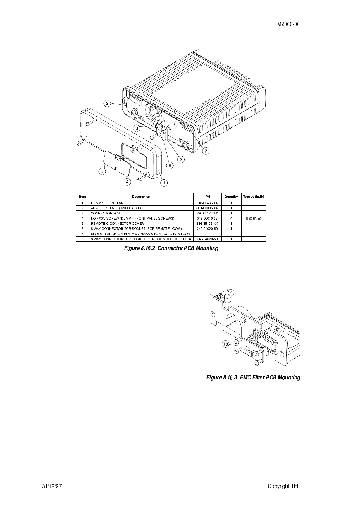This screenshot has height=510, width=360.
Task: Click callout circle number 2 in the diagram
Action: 107,104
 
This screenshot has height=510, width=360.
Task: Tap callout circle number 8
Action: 137,128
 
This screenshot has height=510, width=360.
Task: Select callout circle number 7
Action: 206,151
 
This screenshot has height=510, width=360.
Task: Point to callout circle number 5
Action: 102,171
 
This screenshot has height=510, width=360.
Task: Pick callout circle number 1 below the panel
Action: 164,183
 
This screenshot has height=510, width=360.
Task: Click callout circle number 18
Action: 225,344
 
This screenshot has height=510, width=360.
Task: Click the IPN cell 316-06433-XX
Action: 207,203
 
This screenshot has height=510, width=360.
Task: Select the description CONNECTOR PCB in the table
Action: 105,213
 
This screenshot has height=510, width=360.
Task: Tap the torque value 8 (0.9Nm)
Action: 253,218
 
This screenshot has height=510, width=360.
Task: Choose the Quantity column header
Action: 231,197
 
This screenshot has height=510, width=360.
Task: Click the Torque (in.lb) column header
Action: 253,197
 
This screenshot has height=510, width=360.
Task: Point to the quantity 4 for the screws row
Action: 231,218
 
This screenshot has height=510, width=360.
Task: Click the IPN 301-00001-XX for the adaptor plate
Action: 207,208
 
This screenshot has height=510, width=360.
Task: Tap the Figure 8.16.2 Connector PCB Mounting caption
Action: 171,248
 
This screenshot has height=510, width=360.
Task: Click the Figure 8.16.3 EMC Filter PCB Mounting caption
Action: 253,377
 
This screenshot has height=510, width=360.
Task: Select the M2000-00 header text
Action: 288,24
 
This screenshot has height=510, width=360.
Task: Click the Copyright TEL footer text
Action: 284,486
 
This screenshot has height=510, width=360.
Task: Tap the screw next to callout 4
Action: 141,179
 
